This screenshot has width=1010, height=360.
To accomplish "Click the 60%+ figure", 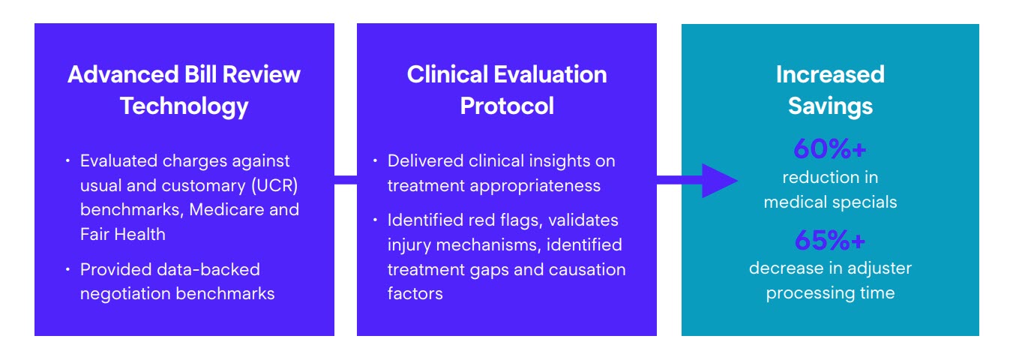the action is tap(829, 148).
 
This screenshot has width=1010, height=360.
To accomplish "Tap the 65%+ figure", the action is tap(829, 240).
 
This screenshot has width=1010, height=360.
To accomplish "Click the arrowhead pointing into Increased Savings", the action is tap(720, 181).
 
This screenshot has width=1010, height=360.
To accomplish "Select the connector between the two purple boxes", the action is tap(346, 181).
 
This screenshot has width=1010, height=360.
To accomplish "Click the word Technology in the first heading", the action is tap(184, 107).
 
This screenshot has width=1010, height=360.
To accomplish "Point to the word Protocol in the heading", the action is tap(507, 106).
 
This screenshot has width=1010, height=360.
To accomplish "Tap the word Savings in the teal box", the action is tap(830, 107).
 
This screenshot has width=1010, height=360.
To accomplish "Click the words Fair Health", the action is tap(123, 234).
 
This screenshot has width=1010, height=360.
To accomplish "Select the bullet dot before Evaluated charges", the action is tap(67, 160).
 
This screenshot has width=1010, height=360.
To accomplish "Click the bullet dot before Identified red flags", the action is tap(375, 220).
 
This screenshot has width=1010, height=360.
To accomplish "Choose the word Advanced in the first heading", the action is tap(123, 74).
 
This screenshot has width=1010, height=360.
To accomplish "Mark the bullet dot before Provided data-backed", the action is tap(67, 269).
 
